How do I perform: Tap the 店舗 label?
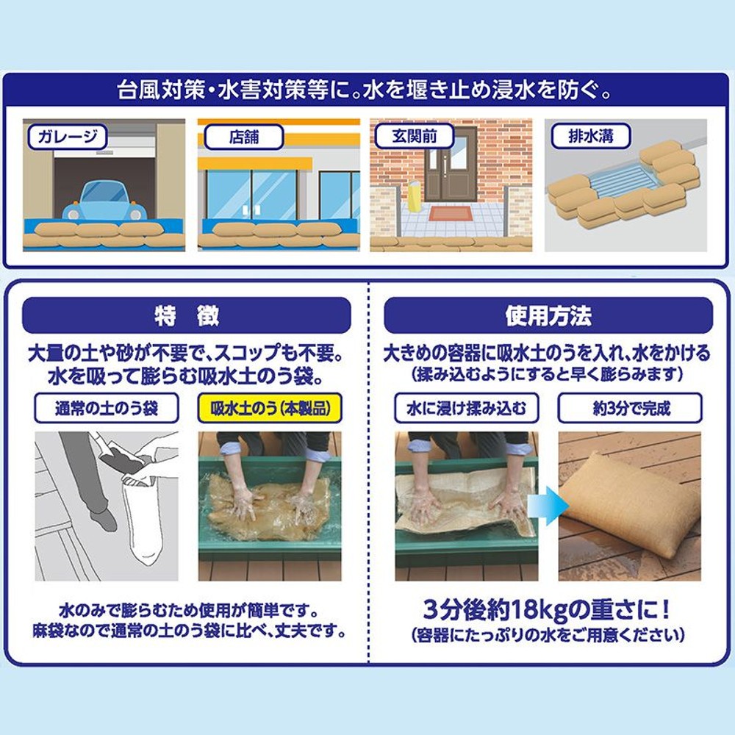pyautogui.click(x=243, y=136)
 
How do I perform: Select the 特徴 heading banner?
pyautogui.click(x=187, y=316)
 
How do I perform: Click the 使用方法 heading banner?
pyautogui.click(x=548, y=316)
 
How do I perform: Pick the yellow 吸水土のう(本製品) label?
pyautogui.click(x=269, y=409)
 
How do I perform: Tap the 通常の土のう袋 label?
pyautogui.click(x=107, y=409)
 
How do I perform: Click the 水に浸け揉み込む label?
pyautogui.click(x=467, y=409)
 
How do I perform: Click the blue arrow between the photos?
pyautogui.click(x=557, y=507)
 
